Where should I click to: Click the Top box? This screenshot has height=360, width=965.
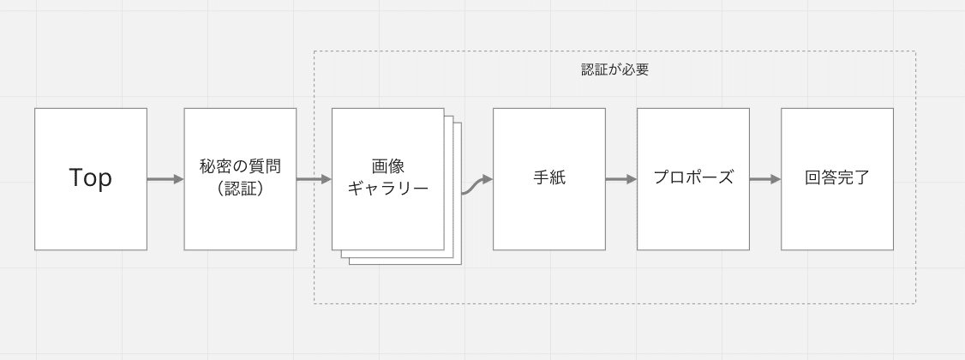pos(91,179)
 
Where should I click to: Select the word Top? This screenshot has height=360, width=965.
pos(91,178)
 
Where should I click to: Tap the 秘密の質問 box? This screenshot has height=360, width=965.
pos(240,179)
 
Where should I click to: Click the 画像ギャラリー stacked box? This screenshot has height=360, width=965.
pos(387,179)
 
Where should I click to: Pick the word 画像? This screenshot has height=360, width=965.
pos(387,167)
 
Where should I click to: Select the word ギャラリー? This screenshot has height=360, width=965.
pos(387,189)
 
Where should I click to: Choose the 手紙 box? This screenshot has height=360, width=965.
pos(549,179)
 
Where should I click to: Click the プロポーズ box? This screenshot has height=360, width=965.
pos(693,179)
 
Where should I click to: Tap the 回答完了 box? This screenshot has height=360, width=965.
pos(837,179)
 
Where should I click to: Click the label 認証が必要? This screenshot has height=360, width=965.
pos(614,69)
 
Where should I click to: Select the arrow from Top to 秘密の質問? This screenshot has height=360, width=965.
pos(165,179)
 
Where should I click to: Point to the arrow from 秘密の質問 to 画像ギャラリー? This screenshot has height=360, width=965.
pos(314,179)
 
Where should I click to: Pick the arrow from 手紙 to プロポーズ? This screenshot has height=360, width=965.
pos(621,179)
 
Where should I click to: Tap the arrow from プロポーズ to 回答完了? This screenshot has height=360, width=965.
pos(765,179)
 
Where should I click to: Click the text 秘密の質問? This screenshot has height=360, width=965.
pos(240,167)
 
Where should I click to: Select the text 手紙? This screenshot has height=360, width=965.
pos(549,177)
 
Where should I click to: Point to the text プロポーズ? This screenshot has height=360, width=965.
pos(693,177)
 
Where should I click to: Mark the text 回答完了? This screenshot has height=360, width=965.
pos(837,177)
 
